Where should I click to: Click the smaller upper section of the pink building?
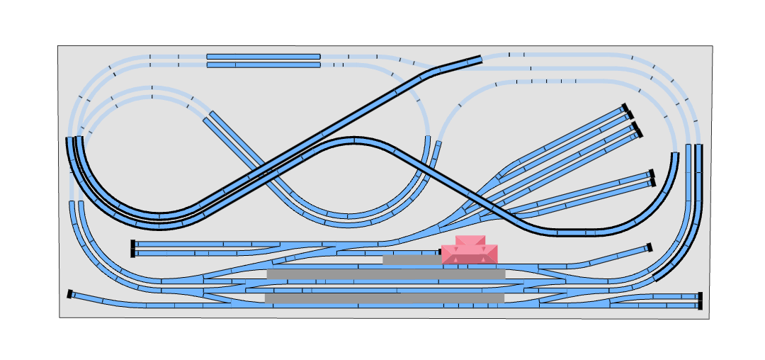470,240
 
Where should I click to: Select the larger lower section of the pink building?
470,254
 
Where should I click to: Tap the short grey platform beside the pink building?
412,260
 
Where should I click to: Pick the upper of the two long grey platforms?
386,274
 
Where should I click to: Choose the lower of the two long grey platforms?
385,298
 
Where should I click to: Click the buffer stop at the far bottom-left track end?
70,294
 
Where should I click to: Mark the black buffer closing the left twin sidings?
132,249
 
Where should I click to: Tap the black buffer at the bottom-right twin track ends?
700,301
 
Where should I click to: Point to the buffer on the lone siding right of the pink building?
650,247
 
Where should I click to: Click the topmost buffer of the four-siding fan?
625,108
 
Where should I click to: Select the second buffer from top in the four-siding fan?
630,116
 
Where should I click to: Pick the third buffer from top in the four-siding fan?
635,126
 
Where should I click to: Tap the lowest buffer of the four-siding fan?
639,133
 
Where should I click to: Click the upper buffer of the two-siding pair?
652,174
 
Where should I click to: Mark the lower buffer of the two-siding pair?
653,183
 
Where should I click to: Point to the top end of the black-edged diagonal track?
480,59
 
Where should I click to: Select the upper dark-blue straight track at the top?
263,57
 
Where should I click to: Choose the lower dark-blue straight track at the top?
263,65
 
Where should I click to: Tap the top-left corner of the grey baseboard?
59,47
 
